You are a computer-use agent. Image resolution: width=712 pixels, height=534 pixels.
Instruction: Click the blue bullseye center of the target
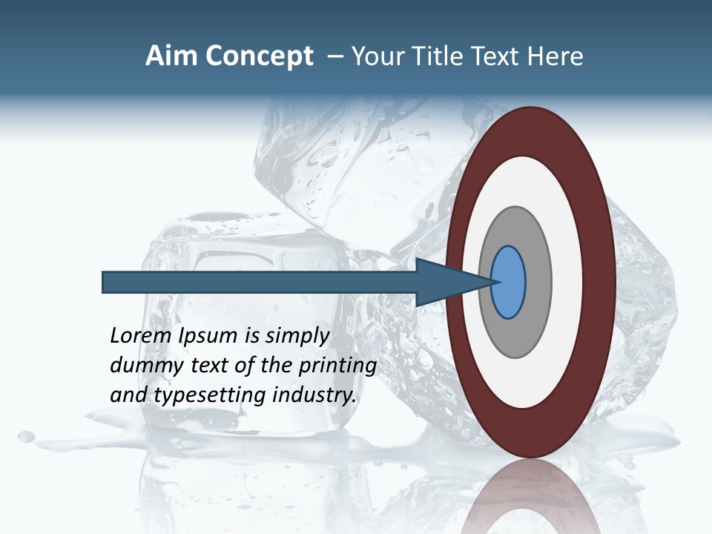509,283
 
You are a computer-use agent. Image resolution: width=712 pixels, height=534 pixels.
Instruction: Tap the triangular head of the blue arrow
445,283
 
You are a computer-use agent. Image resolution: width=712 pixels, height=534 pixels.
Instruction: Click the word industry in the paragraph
314,395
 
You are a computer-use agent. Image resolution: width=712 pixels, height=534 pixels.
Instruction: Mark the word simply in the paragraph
297,336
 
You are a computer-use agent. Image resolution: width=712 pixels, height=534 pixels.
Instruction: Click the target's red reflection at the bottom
531,497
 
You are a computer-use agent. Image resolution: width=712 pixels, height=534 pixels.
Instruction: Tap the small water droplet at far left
26,435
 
